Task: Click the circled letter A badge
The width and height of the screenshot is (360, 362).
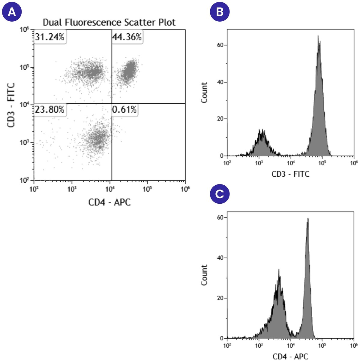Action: tap(11, 12)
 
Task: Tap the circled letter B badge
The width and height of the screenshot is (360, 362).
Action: tap(220, 12)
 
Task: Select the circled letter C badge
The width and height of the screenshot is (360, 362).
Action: tap(220, 194)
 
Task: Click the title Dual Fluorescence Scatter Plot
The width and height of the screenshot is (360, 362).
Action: tap(109, 23)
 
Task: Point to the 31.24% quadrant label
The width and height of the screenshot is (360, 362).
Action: tap(49, 37)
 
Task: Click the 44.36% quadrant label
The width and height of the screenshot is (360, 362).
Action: tap(127, 37)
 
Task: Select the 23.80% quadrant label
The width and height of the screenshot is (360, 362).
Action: tap(49, 110)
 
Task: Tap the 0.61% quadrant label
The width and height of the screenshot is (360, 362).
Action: tap(124, 110)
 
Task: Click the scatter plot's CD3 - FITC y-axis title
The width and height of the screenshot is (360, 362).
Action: tap(11, 105)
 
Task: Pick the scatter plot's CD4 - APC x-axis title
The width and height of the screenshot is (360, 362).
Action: tap(109, 202)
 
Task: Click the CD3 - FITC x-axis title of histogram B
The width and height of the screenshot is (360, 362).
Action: tap(290, 174)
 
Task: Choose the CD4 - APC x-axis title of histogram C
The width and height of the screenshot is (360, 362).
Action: tap(290, 357)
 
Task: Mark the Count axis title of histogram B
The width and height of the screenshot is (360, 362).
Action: tap(204, 93)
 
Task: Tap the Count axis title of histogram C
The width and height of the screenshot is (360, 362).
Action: tap(204, 275)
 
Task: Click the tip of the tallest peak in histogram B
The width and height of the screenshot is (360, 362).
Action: tap(318, 36)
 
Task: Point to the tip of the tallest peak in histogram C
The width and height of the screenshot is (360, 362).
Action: tap(308, 219)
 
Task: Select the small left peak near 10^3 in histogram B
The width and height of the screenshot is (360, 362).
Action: tap(262, 131)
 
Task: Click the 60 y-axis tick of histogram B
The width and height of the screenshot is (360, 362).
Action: tap(220, 45)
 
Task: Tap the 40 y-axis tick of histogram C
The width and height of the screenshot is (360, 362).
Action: tap(220, 258)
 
